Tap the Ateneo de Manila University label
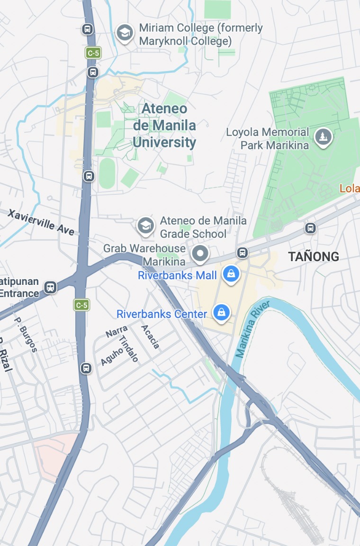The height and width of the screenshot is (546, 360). point(164,126)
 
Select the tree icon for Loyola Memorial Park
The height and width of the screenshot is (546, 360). point(324,137)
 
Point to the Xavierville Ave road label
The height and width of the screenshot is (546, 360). point(41,221)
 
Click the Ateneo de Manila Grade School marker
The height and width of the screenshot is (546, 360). point(146,226)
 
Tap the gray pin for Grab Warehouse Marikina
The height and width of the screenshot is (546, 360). point(200,254)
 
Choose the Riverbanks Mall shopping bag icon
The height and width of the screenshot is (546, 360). point(230,274)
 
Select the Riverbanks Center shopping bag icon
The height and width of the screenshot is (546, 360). point(221,312)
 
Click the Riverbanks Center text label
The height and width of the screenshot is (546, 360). point(162,314)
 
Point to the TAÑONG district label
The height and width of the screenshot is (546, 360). point(314,256)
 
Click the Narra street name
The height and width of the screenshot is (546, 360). point(113,330)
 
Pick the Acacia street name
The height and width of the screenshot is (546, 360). point(150,337)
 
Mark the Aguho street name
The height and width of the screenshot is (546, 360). point(112,356)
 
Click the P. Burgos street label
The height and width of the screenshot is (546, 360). point(26,335)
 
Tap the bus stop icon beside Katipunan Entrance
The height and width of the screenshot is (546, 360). point(50,287)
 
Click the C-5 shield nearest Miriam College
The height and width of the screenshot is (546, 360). point(93,53)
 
